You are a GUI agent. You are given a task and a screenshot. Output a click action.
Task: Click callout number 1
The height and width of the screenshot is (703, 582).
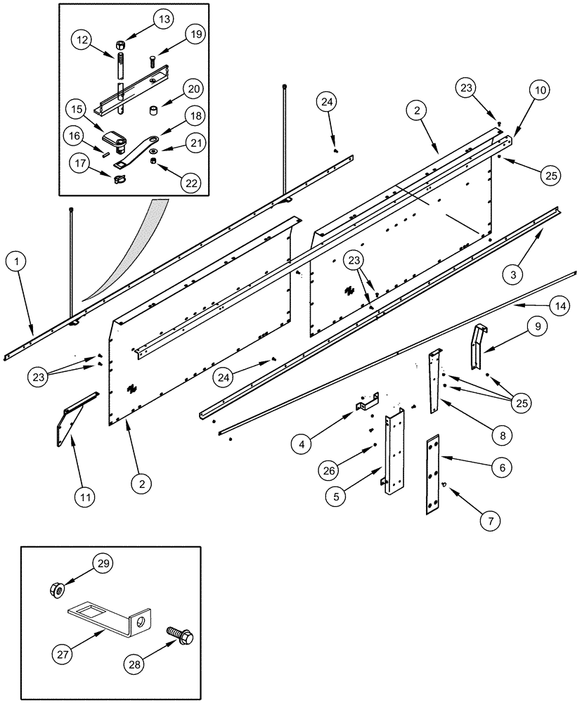click(x=19, y=263)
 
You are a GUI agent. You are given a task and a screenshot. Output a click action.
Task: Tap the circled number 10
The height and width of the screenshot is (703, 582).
click(x=541, y=91)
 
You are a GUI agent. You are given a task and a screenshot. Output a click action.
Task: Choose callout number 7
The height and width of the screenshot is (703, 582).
click(x=491, y=521)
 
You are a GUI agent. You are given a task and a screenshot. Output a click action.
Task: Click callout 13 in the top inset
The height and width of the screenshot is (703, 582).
click(x=164, y=18)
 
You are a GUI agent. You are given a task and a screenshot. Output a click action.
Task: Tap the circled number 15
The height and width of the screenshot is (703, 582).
click(x=77, y=109)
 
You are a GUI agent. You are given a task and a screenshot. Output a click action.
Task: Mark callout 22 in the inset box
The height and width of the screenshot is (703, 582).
click(x=189, y=182)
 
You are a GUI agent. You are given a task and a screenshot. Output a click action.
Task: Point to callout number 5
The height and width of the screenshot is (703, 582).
click(x=337, y=496)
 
